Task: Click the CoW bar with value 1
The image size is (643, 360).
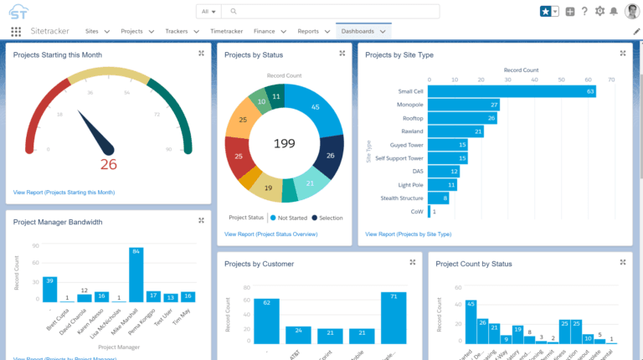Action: pyautogui.click(x=430, y=212)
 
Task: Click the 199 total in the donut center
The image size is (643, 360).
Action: pyautogui.click(x=285, y=144)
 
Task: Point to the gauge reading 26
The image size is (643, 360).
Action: pyautogui.click(x=108, y=164)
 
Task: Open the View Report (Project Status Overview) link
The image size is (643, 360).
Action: pyautogui.click(x=270, y=234)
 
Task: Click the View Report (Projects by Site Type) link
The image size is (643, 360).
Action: pyautogui.click(x=408, y=234)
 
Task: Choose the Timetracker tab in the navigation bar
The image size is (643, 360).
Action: pyautogui.click(x=227, y=31)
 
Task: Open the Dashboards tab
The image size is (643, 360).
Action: pyautogui.click(x=358, y=31)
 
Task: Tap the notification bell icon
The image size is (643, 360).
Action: pyautogui.click(x=614, y=11)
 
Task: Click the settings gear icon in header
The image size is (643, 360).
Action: pyautogui.click(x=599, y=11)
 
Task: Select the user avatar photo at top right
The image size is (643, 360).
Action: pyautogui.click(x=632, y=11)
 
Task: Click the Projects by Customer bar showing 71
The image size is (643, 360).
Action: pyautogui.click(x=393, y=317)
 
